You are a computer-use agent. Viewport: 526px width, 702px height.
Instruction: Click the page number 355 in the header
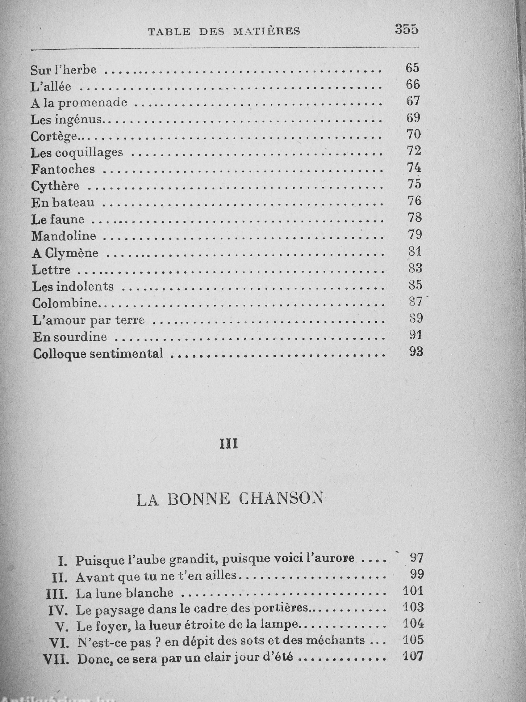pyautogui.click(x=407, y=30)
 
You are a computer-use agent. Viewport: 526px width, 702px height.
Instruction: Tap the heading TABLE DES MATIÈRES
pyautogui.click(x=224, y=32)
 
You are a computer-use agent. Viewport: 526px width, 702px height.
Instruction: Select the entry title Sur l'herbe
pyautogui.click(x=63, y=70)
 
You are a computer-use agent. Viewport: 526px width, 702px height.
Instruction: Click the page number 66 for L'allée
pyautogui.click(x=413, y=84)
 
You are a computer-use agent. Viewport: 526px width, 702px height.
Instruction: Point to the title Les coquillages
pyautogui.click(x=77, y=153)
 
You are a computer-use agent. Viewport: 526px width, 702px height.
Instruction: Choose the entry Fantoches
pyautogui.click(x=63, y=169)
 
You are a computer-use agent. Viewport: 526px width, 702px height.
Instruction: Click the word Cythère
pyautogui.click(x=55, y=186)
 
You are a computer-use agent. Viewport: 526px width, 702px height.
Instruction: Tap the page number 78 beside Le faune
pyautogui.click(x=415, y=218)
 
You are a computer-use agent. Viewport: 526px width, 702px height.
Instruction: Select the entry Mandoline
pyautogui.click(x=64, y=236)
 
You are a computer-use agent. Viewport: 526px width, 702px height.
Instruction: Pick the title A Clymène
pyautogui.click(x=65, y=253)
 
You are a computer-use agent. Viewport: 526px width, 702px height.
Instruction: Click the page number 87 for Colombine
pyautogui.click(x=416, y=302)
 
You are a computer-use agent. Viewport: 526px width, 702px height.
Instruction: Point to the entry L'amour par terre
pyautogui.click(x=89, y=320)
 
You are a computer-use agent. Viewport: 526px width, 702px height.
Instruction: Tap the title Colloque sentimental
pyautogui.click(x=98, y=353)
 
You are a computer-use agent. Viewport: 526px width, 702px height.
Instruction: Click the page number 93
pyautogui.click(x=416, y=352)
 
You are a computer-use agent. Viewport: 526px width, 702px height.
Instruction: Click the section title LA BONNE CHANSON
pyautogui.click(x=230, y=499)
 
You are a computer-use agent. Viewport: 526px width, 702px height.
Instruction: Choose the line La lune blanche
pyautogui.click(x=125, y=594)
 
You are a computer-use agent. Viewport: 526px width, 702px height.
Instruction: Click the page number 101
pyautogui.click(x=413, y=591)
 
